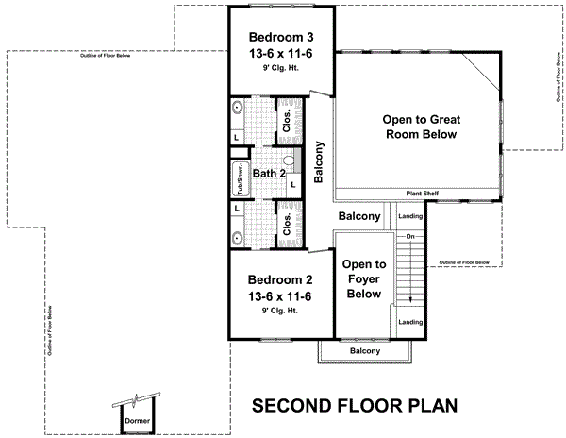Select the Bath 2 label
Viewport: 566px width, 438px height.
(269, 174)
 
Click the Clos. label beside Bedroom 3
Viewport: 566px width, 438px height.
(287, 121)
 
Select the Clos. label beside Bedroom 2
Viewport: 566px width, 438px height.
(287, 224)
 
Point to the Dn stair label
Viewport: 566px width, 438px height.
(410, 236)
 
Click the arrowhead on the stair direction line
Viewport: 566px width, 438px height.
(410, 301)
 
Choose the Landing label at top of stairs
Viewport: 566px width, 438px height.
(411, 216)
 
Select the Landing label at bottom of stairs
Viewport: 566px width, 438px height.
(411, 323)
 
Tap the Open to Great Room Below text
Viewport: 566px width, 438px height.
(419, 127)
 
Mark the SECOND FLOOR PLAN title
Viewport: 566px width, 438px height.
(355, 406)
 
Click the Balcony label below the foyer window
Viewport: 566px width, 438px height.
(365, 351)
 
